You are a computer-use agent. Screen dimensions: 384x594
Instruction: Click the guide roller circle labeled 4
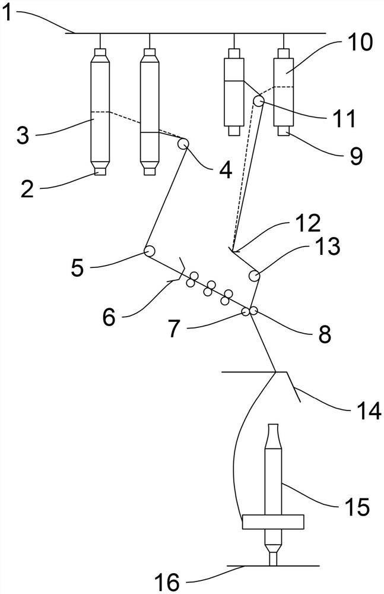click(183, 143)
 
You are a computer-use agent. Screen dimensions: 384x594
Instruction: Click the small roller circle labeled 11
click(259, 102)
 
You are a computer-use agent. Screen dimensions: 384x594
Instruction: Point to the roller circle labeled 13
click(254, 276)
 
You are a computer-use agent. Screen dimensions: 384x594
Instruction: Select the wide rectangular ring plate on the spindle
click(273, 522)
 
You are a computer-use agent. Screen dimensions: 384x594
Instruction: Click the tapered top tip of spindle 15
click(273, 437)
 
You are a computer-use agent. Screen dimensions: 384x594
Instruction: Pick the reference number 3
click(22, 136)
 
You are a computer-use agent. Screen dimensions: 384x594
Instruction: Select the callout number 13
click(325, 247)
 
